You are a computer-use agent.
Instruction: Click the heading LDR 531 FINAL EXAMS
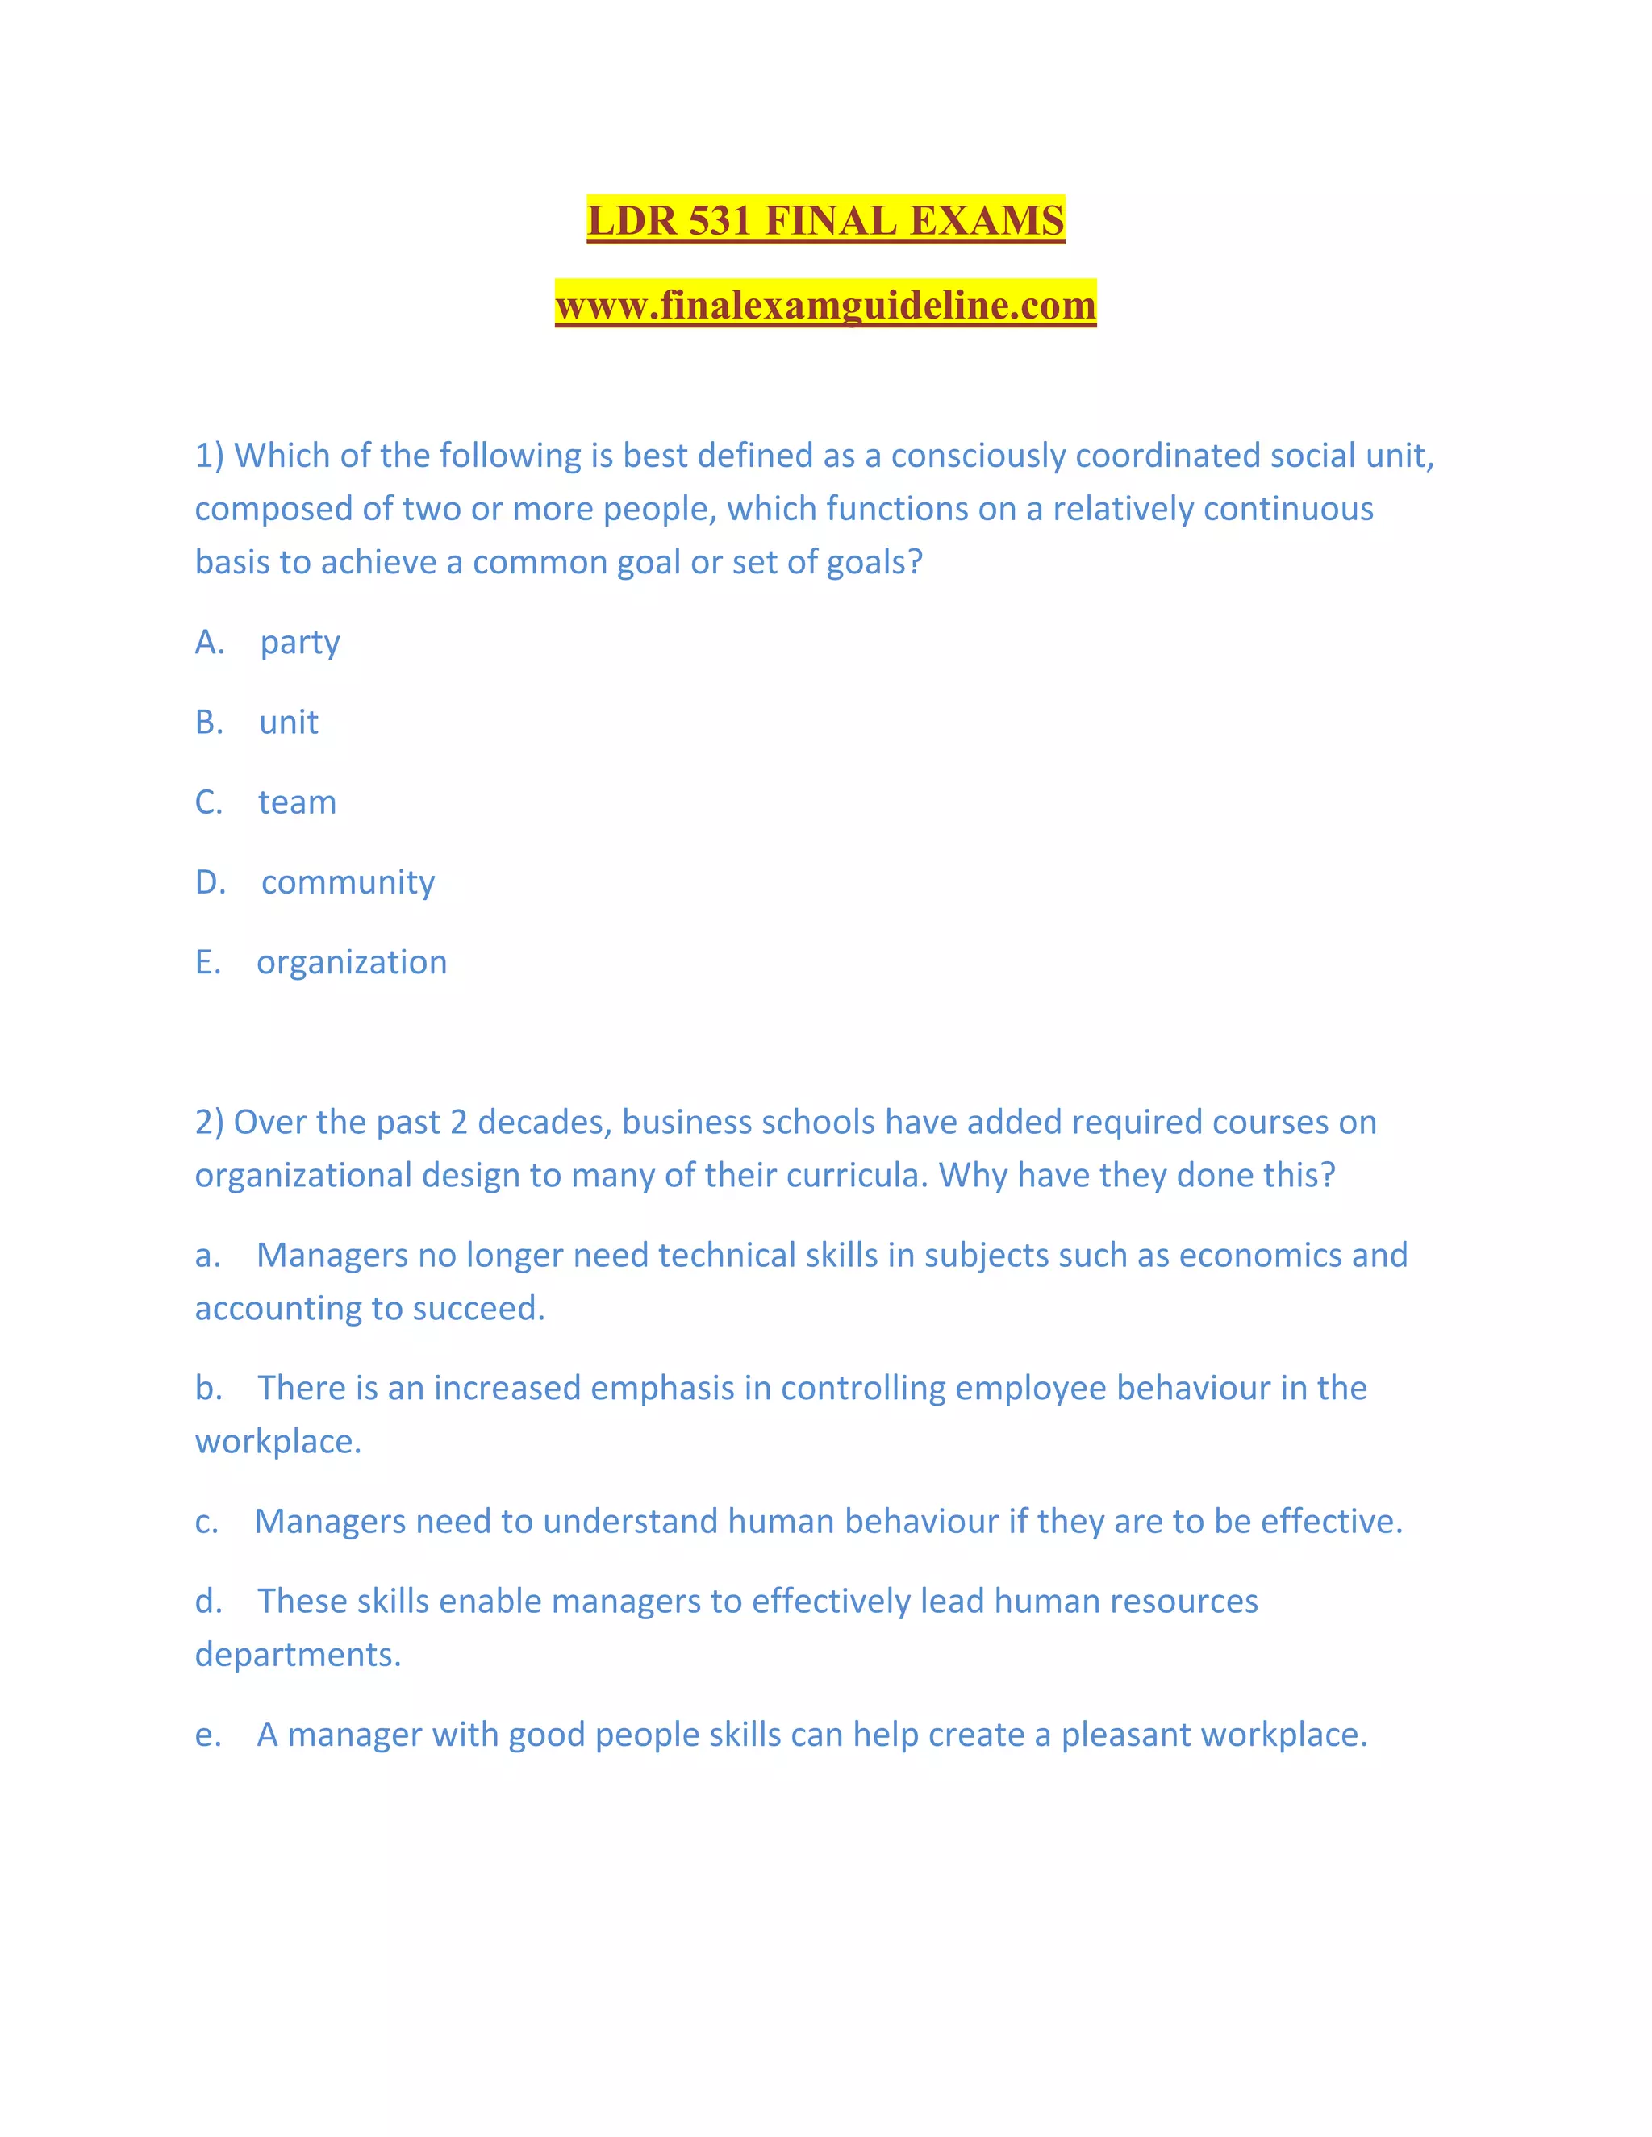click(x=825, y=220)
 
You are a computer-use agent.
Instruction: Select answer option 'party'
click(x=299, y=643)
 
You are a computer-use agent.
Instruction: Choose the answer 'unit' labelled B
click(x=289, y=722)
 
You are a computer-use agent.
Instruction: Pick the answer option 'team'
click(x=297, y=802)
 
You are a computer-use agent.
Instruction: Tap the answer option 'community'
click(x=348, y=882)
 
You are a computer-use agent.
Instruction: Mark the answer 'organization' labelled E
click(x=352, y=963)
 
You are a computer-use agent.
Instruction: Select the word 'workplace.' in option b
click(x=278, y=1443)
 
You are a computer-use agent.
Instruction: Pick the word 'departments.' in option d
click(x=298, y=1655)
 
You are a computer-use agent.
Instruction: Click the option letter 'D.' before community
click(x=211, y=882)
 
